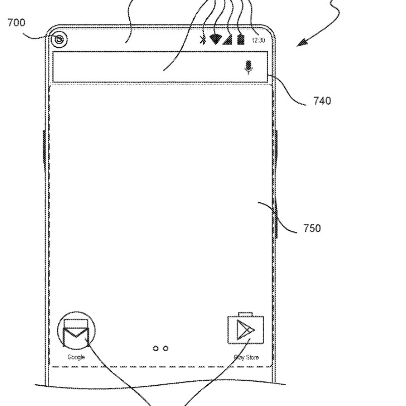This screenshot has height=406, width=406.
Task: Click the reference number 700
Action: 16,23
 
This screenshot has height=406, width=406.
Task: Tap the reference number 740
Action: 322,100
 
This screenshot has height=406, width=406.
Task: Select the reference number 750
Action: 312,228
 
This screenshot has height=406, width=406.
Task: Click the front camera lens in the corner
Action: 60,39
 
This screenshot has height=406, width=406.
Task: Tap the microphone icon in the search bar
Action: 249,67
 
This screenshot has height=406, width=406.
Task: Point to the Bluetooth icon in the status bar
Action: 203,40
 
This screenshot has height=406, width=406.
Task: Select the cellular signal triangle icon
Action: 227,40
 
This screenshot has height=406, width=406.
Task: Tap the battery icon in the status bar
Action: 241,39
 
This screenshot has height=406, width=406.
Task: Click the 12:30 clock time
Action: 258,41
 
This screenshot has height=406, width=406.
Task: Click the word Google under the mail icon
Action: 76,357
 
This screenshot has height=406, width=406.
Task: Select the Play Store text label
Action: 246,357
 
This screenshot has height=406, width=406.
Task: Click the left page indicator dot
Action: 156,348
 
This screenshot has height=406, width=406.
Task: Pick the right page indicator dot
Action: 165,348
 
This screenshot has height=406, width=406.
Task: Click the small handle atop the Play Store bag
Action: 246,314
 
